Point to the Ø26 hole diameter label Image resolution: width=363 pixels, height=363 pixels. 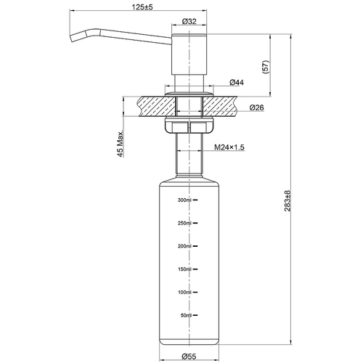(256, 108)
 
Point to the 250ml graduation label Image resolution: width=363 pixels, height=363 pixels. (184, 223)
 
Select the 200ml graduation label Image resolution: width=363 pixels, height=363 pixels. (184, 246)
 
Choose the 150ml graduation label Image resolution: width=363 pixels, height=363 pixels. (184, 269)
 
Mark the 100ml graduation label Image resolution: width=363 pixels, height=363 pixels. (184, 293)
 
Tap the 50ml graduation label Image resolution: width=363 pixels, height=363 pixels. (186, 316)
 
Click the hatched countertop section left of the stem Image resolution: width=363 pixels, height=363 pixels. (145, 107)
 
